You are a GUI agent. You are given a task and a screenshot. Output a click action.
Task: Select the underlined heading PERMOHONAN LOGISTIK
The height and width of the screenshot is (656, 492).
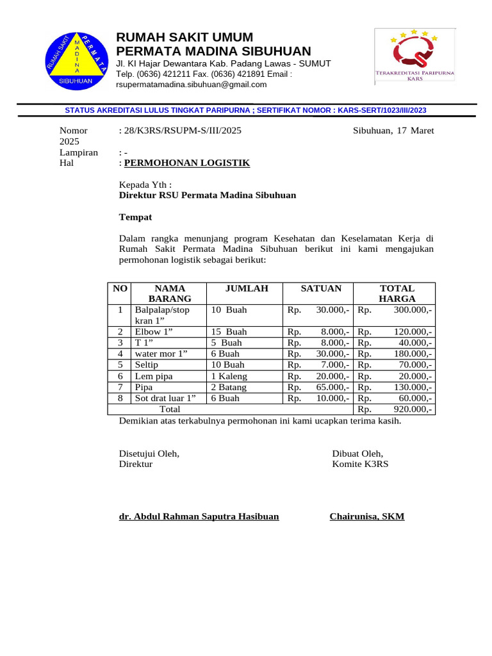(x=187, y=163)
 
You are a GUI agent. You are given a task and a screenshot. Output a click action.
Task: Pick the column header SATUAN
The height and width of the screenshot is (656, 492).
(x=321, y=288)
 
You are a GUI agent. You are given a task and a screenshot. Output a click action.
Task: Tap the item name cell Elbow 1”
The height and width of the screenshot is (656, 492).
(x=153, y=332)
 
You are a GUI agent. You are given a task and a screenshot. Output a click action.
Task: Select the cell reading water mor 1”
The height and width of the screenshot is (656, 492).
(x=161, y=354)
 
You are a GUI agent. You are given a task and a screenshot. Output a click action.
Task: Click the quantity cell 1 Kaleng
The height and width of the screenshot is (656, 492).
(x=229, y=376)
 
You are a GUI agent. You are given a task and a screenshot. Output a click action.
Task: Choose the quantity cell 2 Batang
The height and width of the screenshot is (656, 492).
(x=229, y=387)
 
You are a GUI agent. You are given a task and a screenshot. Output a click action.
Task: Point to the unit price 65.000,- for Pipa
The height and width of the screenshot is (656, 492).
(x=332, y=387)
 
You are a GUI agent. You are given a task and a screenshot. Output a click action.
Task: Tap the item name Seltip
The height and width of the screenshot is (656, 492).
(x=147, y=365)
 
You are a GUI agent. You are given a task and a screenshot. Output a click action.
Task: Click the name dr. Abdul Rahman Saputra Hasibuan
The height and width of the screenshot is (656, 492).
(x=199, y=516)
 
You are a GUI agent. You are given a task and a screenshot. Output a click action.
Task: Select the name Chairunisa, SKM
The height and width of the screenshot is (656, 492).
(x=367, y=516)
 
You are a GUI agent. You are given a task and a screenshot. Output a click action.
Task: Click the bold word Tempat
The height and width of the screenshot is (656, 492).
(x=136, y=218)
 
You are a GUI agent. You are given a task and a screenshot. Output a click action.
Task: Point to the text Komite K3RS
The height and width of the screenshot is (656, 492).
(x=360, y=464)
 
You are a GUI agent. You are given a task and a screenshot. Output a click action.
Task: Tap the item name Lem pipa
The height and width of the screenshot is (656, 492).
(x=154, y=376)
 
